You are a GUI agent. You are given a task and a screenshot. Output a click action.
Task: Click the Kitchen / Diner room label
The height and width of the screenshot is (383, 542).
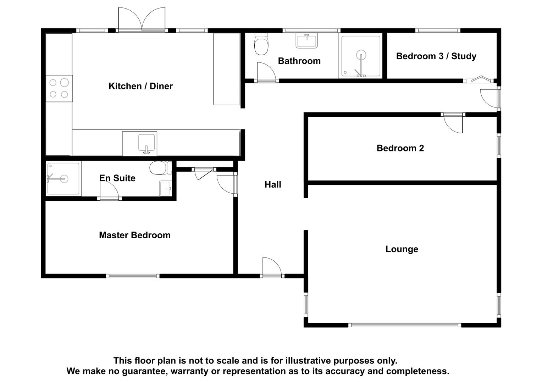click(140, 86)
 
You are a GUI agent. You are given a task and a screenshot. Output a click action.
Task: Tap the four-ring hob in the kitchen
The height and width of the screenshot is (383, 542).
click(59, 88)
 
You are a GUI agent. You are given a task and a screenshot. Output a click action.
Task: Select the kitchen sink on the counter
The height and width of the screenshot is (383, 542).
click(146, 144)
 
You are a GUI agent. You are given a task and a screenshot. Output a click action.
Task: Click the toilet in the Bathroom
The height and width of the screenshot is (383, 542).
click(261, 45)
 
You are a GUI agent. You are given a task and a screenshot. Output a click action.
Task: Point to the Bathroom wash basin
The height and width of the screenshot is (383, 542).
click(307, 41)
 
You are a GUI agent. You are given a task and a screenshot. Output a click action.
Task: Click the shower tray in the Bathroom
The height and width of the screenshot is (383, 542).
click(361, 56)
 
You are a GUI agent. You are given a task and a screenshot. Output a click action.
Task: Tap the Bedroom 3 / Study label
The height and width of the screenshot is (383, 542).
click(436, 56)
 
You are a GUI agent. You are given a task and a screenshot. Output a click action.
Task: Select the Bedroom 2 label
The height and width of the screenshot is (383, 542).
click(400, 148)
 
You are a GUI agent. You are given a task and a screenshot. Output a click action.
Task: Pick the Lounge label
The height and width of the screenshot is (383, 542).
click(402, 249)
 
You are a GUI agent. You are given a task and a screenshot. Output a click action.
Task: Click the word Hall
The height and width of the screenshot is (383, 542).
click(273, 184)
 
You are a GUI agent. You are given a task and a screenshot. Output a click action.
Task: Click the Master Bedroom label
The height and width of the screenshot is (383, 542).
click(134, 235)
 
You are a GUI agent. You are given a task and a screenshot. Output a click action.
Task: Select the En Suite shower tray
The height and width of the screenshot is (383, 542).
click(63, 179)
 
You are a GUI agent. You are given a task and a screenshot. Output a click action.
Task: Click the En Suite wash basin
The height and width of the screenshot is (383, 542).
click(165, 188)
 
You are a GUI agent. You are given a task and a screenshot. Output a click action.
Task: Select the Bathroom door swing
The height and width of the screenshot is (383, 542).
click(266, 72)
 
